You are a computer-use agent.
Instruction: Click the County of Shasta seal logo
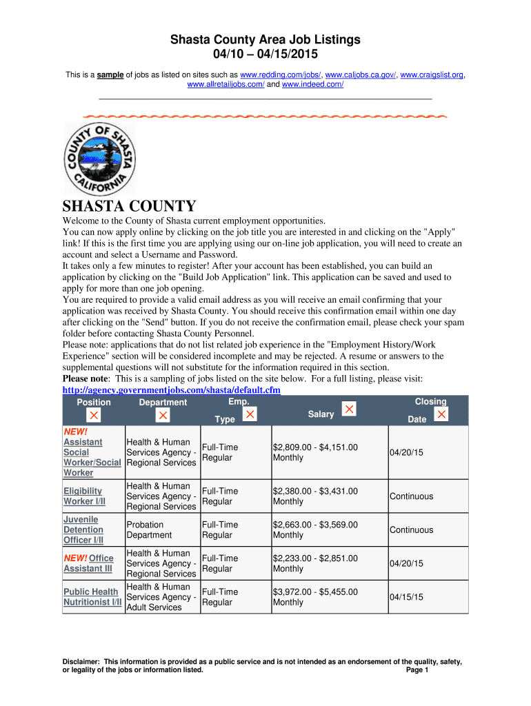click(99, 161)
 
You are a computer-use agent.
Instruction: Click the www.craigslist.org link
click(432, 74)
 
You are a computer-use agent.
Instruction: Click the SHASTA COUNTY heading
click(130, 206)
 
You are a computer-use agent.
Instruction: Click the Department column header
click(163, 403)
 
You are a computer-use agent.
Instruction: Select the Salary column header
click(321, 414)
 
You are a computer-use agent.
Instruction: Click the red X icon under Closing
click(442, 414)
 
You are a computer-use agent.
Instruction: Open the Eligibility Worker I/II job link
click(83, 496)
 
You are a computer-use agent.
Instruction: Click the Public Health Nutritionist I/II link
click(92, 597)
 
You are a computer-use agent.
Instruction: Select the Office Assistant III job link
click(88, 563)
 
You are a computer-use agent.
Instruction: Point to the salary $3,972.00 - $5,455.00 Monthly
click(315, 597)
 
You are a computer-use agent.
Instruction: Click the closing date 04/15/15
click(406, 597)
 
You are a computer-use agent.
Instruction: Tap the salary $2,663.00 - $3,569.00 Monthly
click(315, 529)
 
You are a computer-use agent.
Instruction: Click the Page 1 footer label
click(418, 669)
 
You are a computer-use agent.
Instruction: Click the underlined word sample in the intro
click(110, 74)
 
